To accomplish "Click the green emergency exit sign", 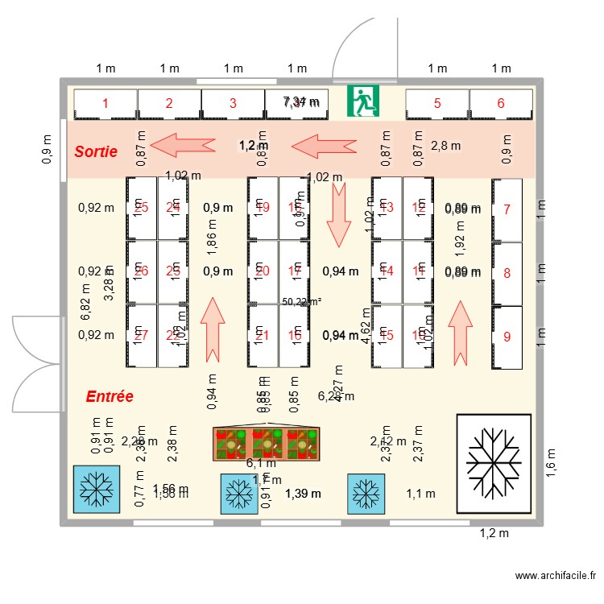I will [363, 102].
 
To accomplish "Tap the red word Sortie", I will [96, 151].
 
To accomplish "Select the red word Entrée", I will [110, 396].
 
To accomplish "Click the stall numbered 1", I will [105, 103].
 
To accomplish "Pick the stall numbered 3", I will [233, 103].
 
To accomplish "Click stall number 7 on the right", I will [507, 209].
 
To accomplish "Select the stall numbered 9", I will [507, 337].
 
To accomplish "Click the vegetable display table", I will [266, 443].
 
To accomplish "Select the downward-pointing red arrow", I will [338, 213].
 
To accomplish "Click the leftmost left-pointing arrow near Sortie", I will [184, 145].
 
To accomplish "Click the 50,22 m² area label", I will [302, 301].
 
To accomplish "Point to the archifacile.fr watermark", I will [555, 576].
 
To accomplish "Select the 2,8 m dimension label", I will [445, 146].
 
